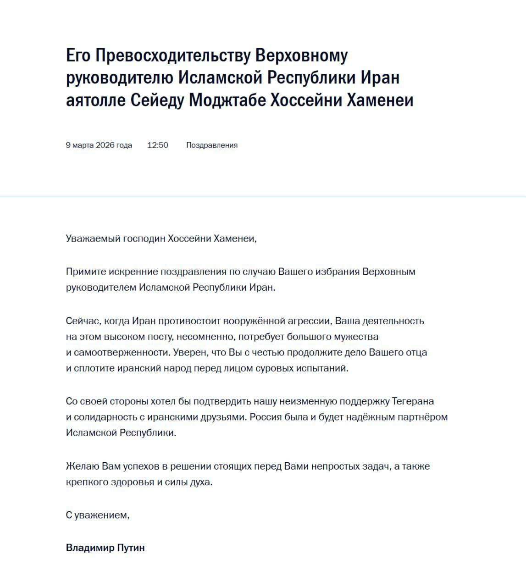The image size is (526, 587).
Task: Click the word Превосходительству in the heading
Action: [x=173, y=56]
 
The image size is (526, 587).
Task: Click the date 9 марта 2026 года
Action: [x=99, y=145]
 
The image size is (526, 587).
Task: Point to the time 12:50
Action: [x=158, y=145]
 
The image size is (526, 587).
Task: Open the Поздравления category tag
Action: [x=212, y=145]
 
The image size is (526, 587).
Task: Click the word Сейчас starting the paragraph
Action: [x=81, y=321]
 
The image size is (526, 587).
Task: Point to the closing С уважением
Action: [x=98, y=515]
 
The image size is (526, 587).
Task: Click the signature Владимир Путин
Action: [x=105, y=548]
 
